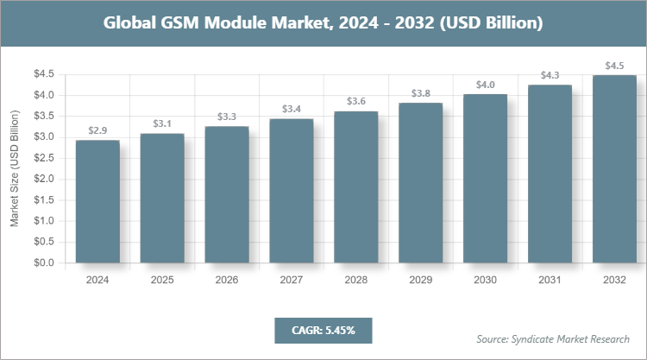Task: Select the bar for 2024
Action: click(97, 201)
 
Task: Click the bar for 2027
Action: click(292, 191)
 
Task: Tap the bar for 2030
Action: click(486, 178)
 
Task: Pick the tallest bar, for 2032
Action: click(615, 168)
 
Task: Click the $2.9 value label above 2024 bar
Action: click(97, 130)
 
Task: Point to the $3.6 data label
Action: click(356, 101)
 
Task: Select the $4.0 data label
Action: click(486, 85)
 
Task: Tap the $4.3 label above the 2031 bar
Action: click(550, 75)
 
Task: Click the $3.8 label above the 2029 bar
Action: click(421, 93)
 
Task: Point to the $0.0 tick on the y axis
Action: click(43, 262)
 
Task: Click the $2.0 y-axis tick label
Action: click(43, 179)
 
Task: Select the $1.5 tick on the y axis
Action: click(43, 199)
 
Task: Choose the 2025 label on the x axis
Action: click(162, 281)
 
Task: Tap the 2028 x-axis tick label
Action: click(356, 281)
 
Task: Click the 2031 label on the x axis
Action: click(550, 281)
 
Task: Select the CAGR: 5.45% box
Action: click(323, 330)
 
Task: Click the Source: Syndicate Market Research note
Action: click(553, 338)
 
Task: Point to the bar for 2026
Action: click(227, 194)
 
